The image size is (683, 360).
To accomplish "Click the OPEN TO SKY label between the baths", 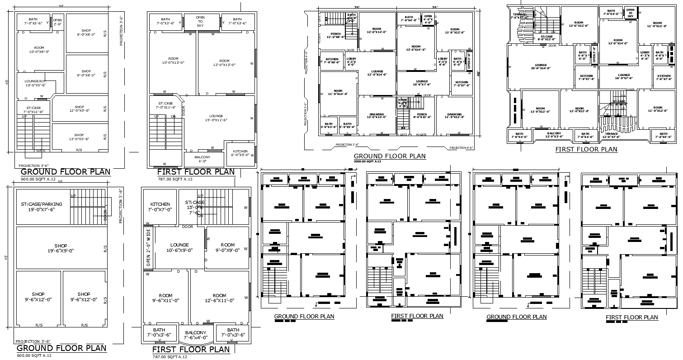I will pos(200,22).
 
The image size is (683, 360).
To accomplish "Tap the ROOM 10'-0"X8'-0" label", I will pos(39,50).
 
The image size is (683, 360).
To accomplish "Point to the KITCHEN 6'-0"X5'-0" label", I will pos(240,153).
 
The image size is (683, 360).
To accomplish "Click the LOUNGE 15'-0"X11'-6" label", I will pos(216,118).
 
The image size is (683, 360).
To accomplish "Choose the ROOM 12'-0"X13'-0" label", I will pos(224,63).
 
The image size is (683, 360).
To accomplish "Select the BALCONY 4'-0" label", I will pos(202,159).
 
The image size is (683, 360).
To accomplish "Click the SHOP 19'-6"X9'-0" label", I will pos(61,248).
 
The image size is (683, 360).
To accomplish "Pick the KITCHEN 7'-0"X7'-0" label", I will pos(160,207).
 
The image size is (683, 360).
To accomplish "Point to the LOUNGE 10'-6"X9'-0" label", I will pos(179,247).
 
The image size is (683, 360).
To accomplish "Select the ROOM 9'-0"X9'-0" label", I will pos(228,247).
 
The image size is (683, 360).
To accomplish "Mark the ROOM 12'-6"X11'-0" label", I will pos(219,298).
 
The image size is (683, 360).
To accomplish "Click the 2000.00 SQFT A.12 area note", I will pos(367,161).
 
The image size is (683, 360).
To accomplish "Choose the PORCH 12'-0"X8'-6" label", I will pos(335,35).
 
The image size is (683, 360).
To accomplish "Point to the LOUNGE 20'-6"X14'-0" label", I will pos(541,66).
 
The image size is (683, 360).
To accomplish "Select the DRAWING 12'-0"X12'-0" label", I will pos(377,116).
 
